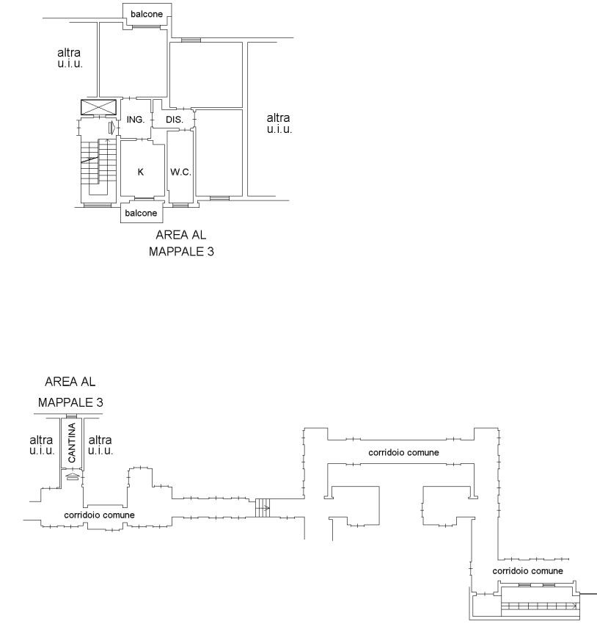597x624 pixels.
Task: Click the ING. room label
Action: [136, 120]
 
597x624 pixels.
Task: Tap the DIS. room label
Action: [175, 120]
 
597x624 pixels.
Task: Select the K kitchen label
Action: [140, 172]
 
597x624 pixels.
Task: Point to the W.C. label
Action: [180, 172]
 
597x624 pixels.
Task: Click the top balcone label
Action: [147, 14]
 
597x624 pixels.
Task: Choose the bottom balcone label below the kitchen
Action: [141, 213]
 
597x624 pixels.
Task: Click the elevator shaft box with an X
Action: [98, 107]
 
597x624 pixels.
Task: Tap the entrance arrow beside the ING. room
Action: [112, 128]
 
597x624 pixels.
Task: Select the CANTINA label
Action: [72, 443]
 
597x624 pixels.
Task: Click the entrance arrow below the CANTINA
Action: [72, 476]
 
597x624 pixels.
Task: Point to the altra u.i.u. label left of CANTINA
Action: [41, 445]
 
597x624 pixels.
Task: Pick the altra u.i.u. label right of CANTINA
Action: [100, 445]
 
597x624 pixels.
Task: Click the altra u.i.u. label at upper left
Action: [70, 58]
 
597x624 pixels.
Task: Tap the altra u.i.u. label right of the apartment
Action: [279, 123]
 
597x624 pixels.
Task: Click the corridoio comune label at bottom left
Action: [99, 515]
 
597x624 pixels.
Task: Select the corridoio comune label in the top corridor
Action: [404, 452]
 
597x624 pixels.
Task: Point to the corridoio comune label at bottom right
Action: [528, 571]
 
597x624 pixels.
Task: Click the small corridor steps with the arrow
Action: [263, 508]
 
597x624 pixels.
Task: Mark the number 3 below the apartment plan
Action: [210, 252]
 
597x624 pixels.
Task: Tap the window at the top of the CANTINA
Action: [72, 416]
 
